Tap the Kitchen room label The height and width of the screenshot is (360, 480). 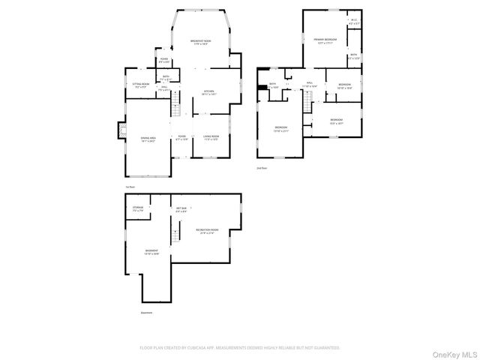[209, 93]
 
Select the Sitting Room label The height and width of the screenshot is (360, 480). [140, 85]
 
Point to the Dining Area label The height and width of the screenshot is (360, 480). [148, 139]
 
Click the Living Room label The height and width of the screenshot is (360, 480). [210, 137]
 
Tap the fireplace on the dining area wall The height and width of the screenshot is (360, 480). [120, 131]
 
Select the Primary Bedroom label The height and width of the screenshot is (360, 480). [325, 40]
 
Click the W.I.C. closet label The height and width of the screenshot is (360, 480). [354, 22]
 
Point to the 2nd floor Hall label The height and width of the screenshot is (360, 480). [310, 85]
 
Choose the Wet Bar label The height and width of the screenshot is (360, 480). [181, 210]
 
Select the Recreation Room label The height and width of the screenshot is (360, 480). [206, 231]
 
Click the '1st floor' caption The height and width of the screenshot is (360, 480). [130, 187]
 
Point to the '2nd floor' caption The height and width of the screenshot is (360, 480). [262, 168]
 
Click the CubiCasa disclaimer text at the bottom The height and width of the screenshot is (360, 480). [240, 348]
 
